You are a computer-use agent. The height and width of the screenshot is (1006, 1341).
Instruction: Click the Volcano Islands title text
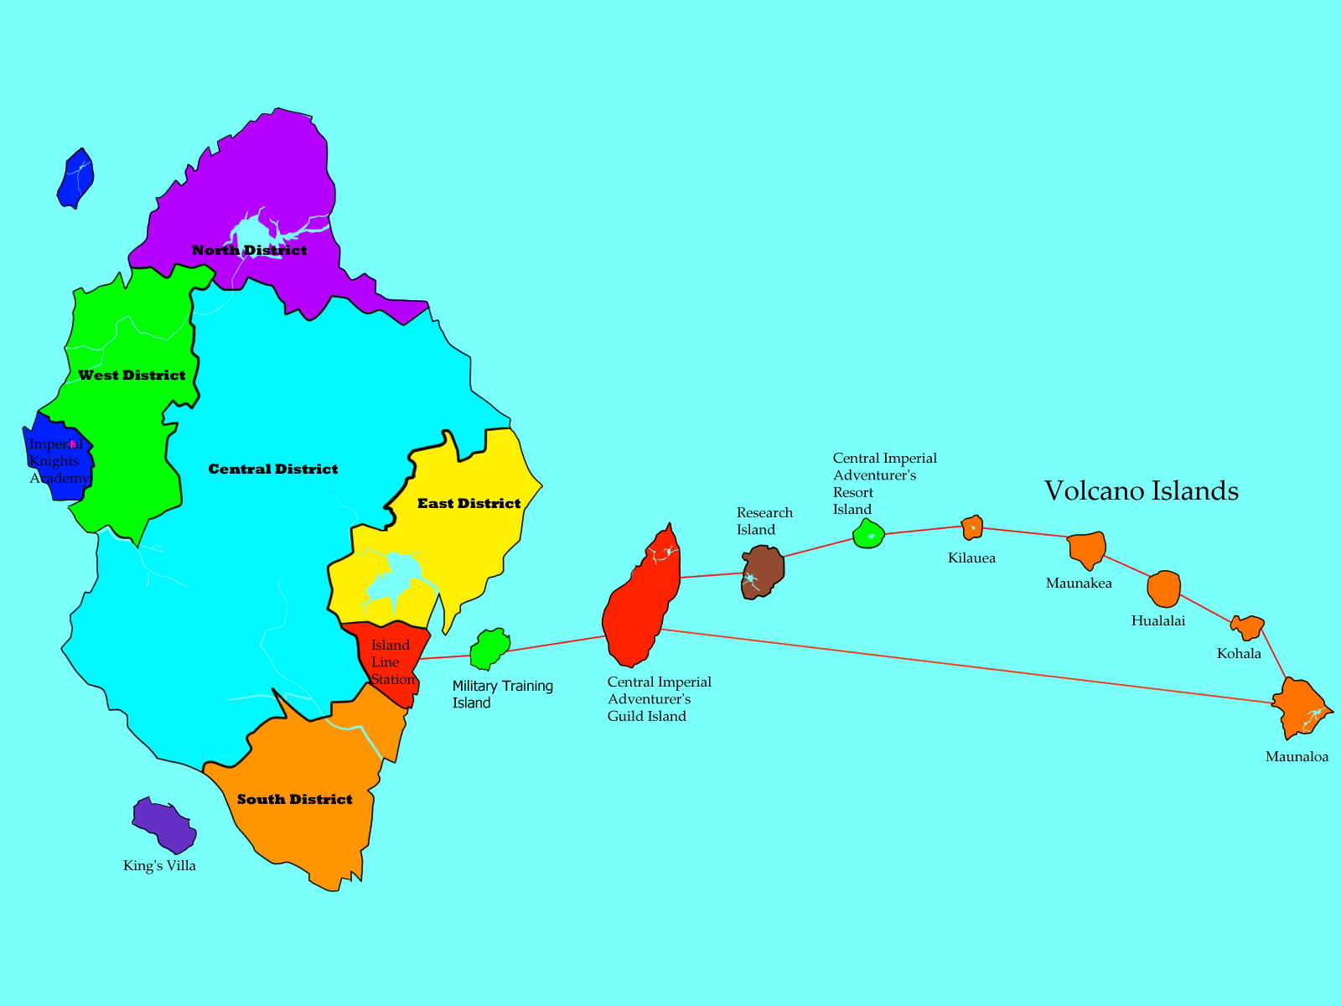tap(1142, 490)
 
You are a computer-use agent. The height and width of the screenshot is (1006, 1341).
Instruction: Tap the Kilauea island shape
tap(971, 527)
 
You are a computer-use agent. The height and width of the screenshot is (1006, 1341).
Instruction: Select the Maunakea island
tap(1087, 549)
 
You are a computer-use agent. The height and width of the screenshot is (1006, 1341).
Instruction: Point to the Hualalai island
tap(1163, 589)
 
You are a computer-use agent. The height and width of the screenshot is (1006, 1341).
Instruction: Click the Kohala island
tap(1248, 626)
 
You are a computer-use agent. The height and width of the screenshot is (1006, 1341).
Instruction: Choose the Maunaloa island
tap(1297, 707)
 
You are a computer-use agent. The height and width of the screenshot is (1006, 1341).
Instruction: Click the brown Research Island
tap(762, 572)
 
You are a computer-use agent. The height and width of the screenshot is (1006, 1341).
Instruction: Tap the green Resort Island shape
tap(868, 534)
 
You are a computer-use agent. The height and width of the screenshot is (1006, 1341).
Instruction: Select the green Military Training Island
tap(489, 649)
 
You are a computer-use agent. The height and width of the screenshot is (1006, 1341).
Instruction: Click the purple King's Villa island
tap(164, 824)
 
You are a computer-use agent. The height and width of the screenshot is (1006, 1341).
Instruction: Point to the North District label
tap(249, 250)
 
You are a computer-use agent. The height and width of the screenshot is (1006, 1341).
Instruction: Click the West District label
tap(132, 375)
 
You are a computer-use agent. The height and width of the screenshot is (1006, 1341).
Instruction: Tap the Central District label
tap(273, 469)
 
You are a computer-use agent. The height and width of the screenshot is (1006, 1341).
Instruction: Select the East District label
tap(469, 503)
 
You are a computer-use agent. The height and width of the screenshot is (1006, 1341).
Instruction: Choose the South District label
tap(294, 799)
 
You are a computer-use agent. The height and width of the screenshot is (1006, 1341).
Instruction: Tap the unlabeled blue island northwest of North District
tap(75, 178)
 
